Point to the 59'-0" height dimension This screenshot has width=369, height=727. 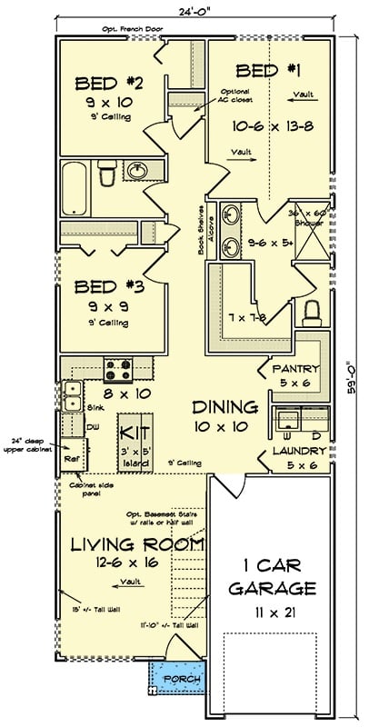pos(354,372)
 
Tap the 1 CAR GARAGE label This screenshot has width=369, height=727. pos(270,574)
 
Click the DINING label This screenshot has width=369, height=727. pos(224,406)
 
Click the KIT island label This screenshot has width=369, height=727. pos(134,430)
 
